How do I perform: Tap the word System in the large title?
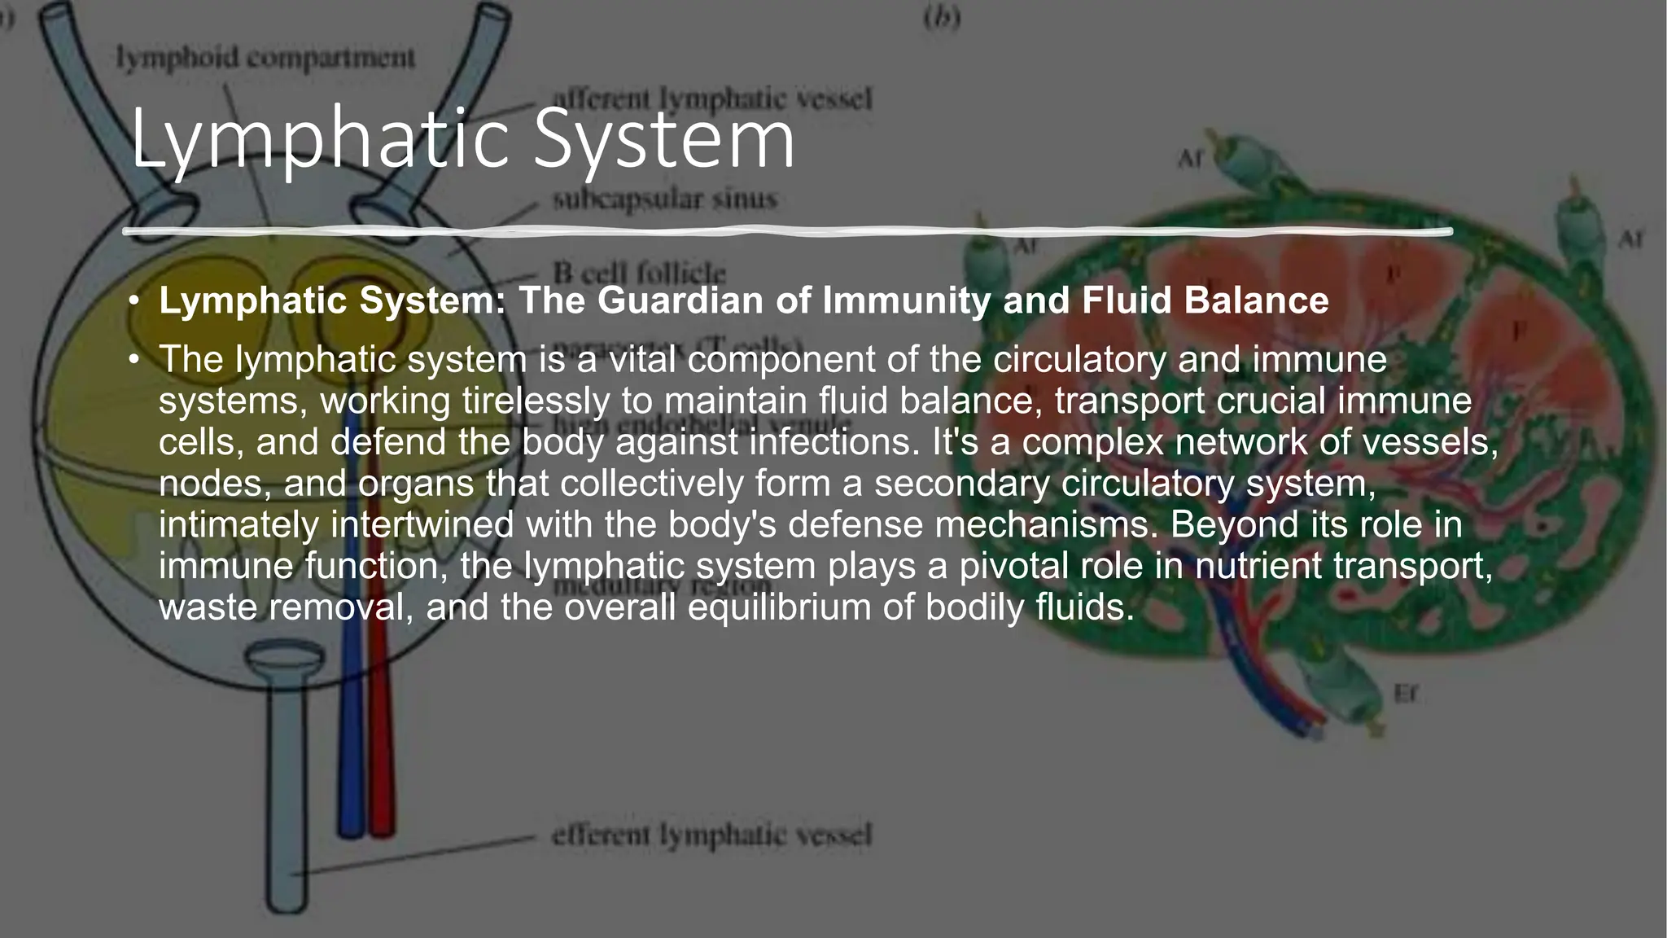(x=664, y=140)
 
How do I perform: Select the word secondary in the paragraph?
(x=961, y=484)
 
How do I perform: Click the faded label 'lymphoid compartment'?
(x=265, y=59)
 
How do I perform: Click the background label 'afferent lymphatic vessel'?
(x=711, y=99)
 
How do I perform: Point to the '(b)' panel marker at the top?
(x=942, y=19)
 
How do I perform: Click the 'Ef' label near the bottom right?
(x=1405, y=694)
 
